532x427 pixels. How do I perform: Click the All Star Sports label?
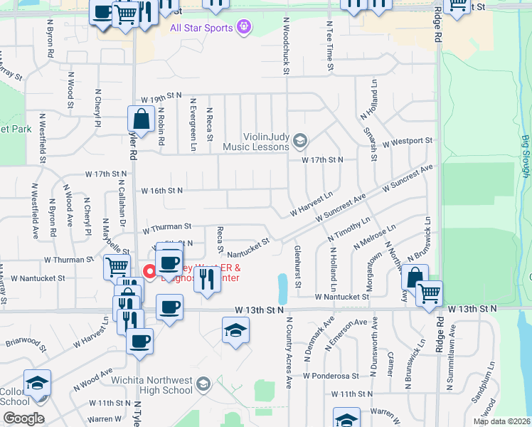point(201,28)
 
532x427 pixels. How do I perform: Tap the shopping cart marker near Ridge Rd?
point(429,292)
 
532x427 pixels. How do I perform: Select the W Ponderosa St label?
point(329,375)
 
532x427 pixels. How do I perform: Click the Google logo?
point(23,418)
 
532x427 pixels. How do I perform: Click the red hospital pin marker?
point(149,270)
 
